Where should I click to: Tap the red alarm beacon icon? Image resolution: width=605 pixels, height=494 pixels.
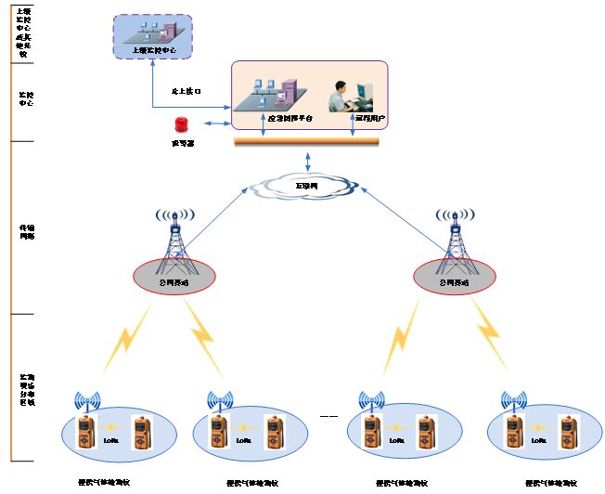[x=181, y=124]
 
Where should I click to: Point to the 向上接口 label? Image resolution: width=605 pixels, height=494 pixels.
[x=187, y=91]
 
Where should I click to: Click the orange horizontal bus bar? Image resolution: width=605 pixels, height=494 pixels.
[x=306, y=141]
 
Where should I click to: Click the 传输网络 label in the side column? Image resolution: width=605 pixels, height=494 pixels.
[x=27, y=232]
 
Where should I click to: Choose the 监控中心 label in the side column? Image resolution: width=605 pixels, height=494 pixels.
[x=27, y=98]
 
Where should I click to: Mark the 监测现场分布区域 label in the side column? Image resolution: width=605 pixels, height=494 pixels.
[x=27, y=391]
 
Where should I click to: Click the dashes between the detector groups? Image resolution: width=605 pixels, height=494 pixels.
[x=328, y=417]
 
